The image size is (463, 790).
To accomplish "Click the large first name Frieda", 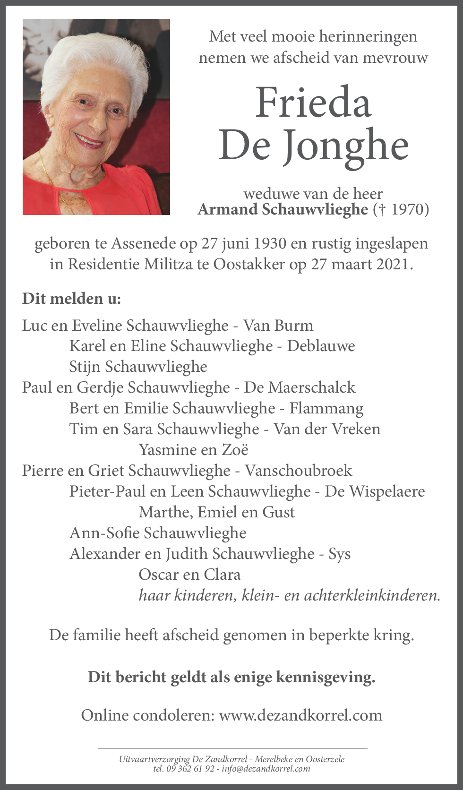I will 313,103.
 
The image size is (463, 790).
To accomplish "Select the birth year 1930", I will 270,243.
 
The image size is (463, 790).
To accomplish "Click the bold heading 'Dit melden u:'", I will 71,299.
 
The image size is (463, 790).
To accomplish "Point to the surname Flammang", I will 326,408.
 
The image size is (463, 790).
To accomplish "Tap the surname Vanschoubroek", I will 298,471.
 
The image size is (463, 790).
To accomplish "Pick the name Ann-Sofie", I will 104,533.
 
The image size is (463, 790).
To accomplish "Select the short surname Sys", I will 339,554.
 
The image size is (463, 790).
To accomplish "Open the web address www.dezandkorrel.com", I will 300,715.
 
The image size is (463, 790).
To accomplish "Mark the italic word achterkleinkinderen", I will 371,595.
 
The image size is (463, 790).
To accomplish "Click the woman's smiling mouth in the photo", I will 88,141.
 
